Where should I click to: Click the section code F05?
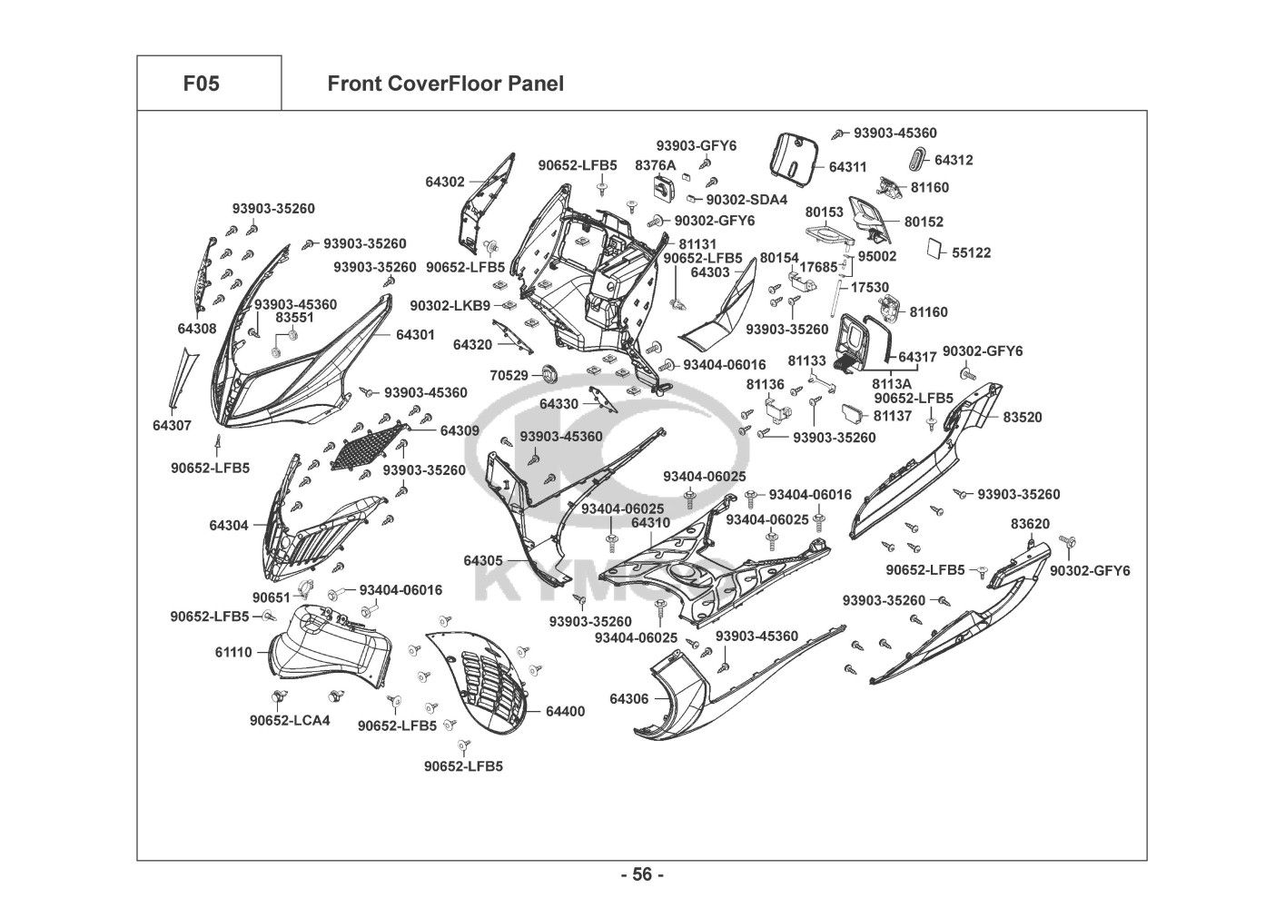click(x=201, y=84)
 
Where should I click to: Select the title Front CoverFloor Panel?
click(x=445, y=84)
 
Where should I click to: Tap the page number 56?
click(x=642, y=874)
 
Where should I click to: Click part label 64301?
click(x=415, y=334)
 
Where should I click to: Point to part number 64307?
click(x=172, y=425)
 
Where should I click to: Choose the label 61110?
click(x=233, y=652)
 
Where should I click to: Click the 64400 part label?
click(x=565, y=711)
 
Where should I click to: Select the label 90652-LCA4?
click(x=290, y=720)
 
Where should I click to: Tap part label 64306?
click(x=628, y=698)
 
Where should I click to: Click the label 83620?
click(x=1030, y=524)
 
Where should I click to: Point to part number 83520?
click(x=1023, y=417)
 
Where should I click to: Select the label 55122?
click(x=971, y=253)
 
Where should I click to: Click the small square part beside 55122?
click(x=935, y=249)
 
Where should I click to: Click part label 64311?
click(x=848, y=167)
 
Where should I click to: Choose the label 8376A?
click(x=655, y=165)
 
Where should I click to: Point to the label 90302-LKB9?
click(x=450, y=306)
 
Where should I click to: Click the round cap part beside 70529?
click(x=550, y=375)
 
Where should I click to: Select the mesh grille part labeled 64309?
click(x=370, y=445)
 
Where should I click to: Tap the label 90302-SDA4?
click(x=746, y=200)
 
